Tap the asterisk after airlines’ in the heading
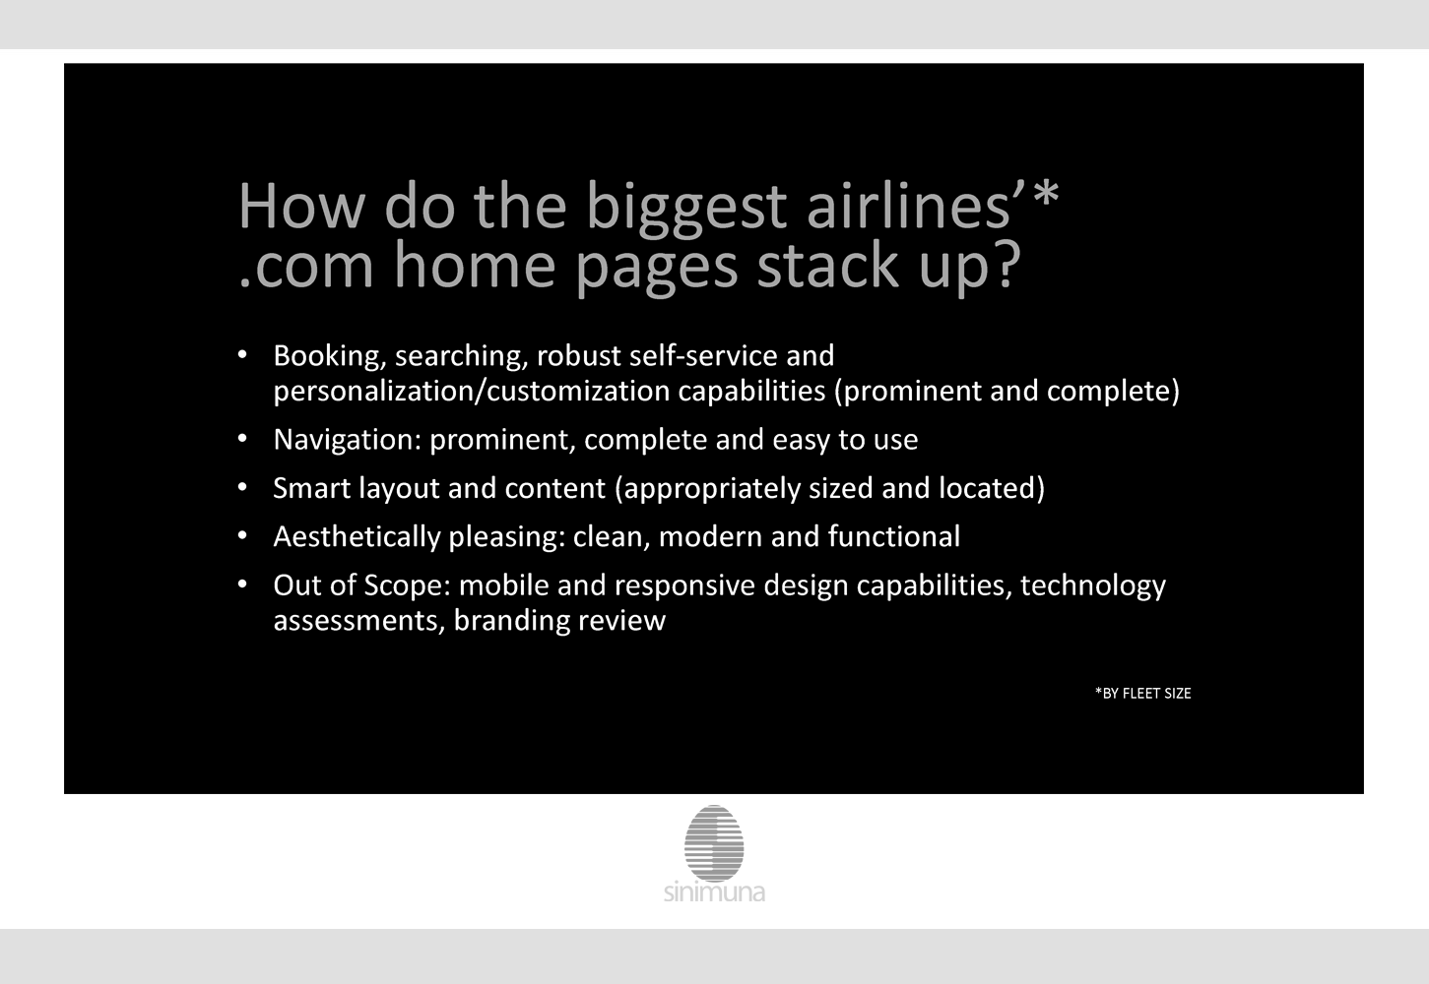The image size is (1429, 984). (1046, 194)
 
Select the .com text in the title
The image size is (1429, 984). (306, 268)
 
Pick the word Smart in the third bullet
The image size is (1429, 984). (312, 488)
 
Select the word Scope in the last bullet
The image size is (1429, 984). (408, 585)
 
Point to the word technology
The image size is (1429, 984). (1093, 585)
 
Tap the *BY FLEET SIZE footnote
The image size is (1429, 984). (1143, 694)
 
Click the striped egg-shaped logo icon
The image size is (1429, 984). (714, 843)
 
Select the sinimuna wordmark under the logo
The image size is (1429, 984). (715, 892)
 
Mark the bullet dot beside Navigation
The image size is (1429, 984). (242, 439)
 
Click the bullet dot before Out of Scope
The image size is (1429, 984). (242, 584)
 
